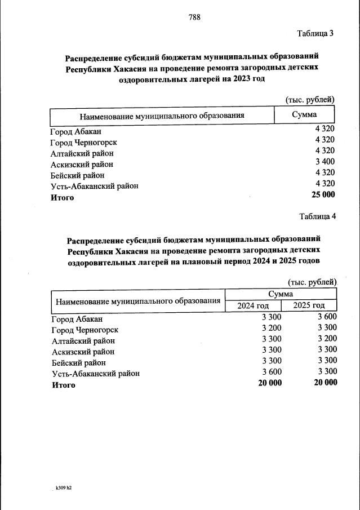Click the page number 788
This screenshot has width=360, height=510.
coord(194,17)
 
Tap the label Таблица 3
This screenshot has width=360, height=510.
coord(315,33)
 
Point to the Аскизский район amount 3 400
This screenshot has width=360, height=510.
coord(325,164)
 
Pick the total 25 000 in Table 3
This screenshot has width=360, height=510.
coord(323,195)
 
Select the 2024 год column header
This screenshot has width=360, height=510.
coord(253,305)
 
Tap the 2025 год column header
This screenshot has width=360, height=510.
coord(309,305)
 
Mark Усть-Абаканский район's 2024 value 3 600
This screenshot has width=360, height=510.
coord(272,372)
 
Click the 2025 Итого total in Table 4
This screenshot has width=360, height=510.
coord(326,383)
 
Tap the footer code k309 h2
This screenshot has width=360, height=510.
coord(63,487)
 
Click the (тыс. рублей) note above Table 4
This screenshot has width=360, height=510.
coord(312,282)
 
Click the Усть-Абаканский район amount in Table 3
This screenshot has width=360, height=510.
coord(325,184)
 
